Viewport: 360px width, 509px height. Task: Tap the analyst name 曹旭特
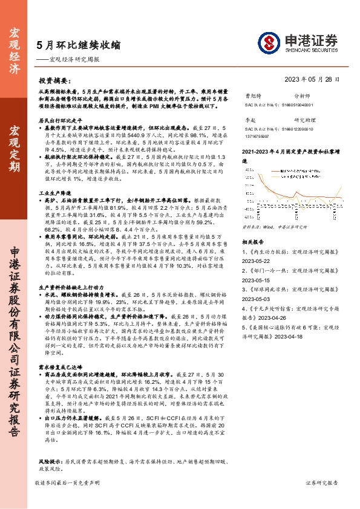point(252,96)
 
